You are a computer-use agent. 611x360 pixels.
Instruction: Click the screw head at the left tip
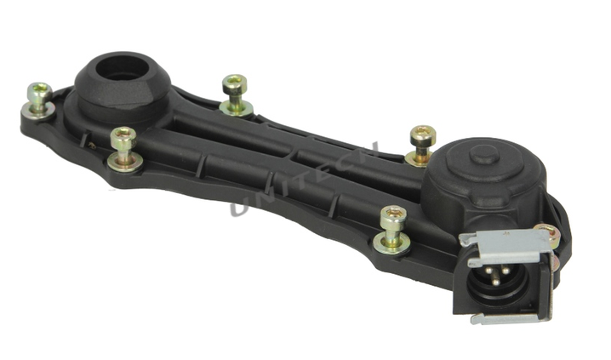click(x=40, y=91)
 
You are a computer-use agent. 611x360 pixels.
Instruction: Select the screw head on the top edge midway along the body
click(x=235, y=83)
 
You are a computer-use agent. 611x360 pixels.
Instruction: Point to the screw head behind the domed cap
click(x=423, y=134)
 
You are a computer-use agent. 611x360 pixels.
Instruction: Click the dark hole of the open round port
click(x=122, y=67)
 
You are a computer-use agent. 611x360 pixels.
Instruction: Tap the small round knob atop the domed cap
click(x=484, y=154)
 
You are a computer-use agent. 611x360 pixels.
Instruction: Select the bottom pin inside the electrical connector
click(x=495, y=282)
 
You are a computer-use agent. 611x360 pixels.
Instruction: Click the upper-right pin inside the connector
click(x=505, y=269)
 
